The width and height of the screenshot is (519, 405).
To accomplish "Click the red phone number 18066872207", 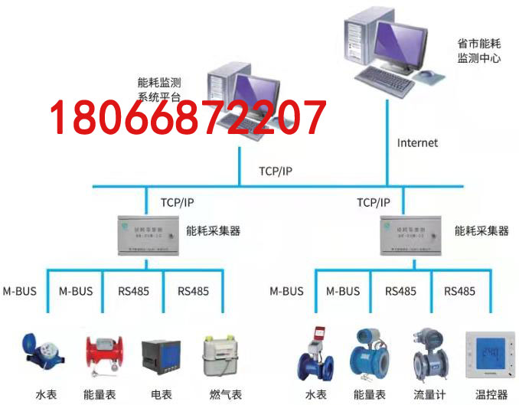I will pos(188,119).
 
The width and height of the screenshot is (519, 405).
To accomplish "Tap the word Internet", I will pos(417,142).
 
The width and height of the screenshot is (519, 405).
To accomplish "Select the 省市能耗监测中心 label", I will pos(478,51).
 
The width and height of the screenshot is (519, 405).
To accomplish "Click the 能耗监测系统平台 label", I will pos(160,90).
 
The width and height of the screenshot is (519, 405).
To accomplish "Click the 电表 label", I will pos(162,394).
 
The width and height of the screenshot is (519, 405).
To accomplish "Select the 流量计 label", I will pos(428,394).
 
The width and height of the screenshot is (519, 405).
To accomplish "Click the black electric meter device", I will pos(160,358).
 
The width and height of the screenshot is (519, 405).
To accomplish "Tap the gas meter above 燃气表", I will pos(222,356).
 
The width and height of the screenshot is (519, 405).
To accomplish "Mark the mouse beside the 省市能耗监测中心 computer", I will pos(430,74).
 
